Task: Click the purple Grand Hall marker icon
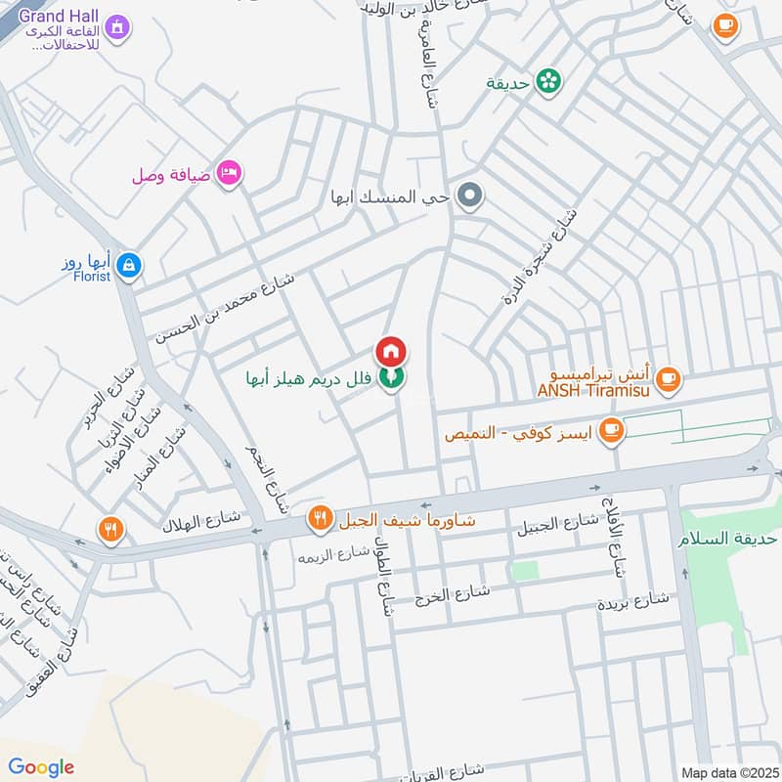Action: tap(117, 26)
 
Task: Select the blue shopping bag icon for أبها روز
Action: tap(128, 264)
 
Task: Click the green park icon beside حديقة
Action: tap(549, 82)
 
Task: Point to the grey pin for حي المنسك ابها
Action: tap(471, 197)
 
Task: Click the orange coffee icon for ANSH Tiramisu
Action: tap(668, 378)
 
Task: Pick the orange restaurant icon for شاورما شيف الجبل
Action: tap(319, 520)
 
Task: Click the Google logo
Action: tap(41, 767)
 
